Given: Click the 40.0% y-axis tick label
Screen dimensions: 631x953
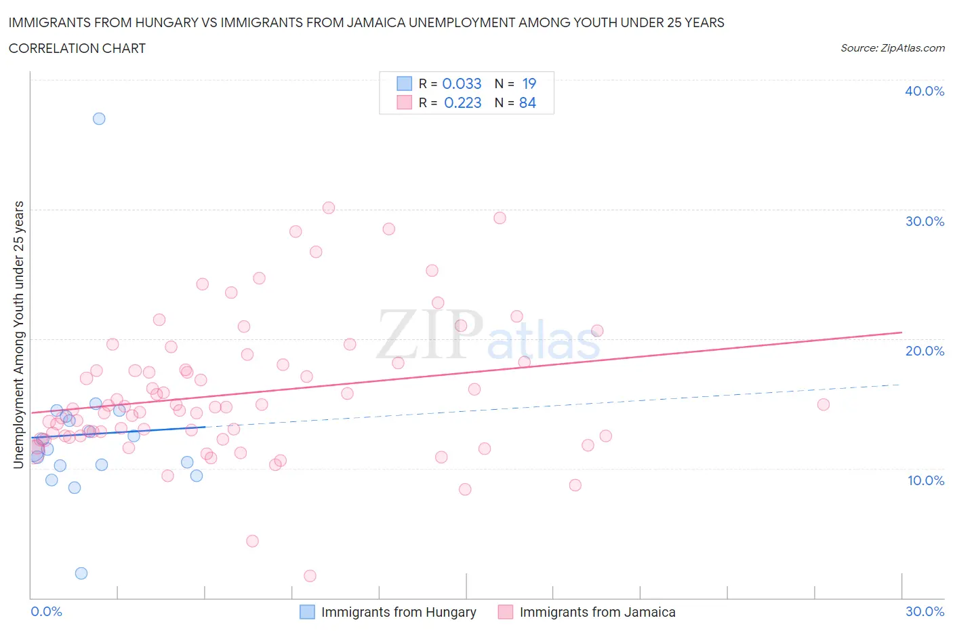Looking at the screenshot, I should (925, 91).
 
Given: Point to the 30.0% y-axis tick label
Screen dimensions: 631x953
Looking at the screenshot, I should (925, 221).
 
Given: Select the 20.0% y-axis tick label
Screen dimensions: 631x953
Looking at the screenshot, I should (925, 351).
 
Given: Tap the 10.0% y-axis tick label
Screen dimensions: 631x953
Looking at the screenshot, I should (925, 480).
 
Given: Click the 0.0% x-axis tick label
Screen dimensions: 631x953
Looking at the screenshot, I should (46, 611).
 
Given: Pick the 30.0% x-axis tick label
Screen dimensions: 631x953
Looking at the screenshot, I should (925, 611).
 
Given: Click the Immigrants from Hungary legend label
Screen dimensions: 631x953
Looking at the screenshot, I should (398, 612).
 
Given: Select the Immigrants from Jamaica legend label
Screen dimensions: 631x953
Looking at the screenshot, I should (597, 612).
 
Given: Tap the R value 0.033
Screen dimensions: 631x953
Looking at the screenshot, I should (462, 83).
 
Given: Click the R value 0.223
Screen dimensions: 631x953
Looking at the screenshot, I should (462, 102).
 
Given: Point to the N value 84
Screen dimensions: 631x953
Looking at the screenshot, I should (527, 102).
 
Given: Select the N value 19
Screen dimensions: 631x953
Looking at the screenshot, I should (529, 83).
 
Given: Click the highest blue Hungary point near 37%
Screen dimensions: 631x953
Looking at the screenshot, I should (99, 119).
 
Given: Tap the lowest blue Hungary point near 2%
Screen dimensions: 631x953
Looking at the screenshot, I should (81, 573).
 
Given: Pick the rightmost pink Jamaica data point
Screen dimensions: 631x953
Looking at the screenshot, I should (824, 404).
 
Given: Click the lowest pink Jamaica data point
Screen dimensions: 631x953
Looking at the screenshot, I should (310, 576).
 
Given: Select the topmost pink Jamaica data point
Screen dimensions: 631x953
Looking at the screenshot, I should (329, 208).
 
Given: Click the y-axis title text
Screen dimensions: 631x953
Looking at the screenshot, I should (18, 334).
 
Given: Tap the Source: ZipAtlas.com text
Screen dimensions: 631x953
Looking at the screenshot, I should (892, 48).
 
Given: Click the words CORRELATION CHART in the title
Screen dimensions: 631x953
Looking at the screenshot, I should (77, 48).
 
